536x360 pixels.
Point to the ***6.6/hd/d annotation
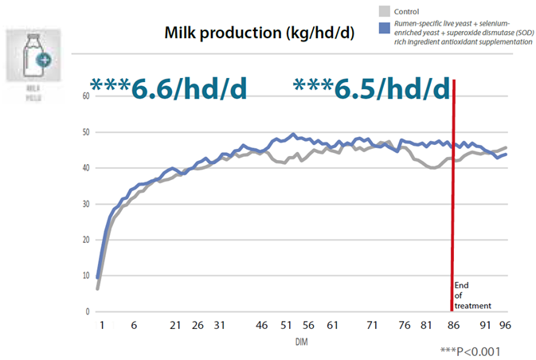click(x=168, y=88)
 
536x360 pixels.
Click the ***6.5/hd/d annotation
click(x=371, y=88)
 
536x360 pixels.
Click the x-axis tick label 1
click(x=103, y=325)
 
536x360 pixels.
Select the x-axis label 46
click(x=262, y=325)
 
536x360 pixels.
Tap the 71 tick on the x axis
click(x=372, y=325)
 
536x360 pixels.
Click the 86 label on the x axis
click(x=453, y=325)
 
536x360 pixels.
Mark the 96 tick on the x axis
click(x=504, y=325)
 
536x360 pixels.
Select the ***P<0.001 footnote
click(x=471, y=350)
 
